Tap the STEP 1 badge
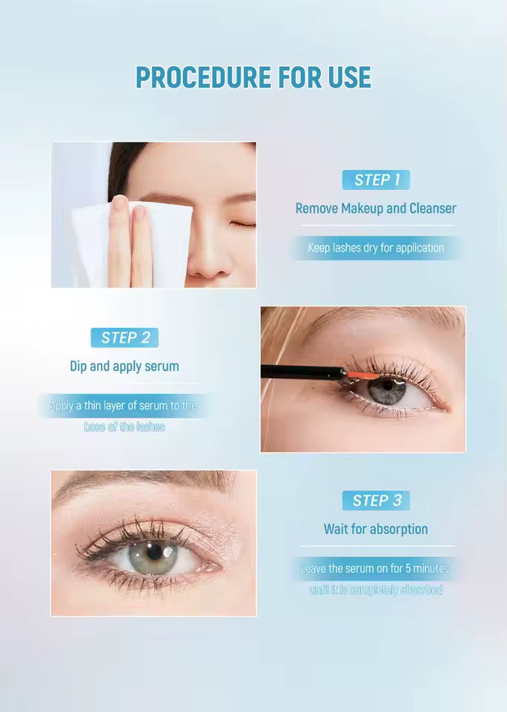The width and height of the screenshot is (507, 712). click(376, 179)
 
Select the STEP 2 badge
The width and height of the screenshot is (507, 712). click(125, 337)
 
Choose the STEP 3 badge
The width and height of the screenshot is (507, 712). click(376, 501)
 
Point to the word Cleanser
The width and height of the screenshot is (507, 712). click(431, 208)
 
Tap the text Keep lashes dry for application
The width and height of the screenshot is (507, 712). click(376, 248)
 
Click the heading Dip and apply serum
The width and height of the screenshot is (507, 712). click(125, 366)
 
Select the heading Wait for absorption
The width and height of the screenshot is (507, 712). click(376, 529)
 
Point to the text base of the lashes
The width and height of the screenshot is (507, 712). click(125, 427)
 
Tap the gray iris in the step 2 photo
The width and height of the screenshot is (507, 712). click(387, 391)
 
